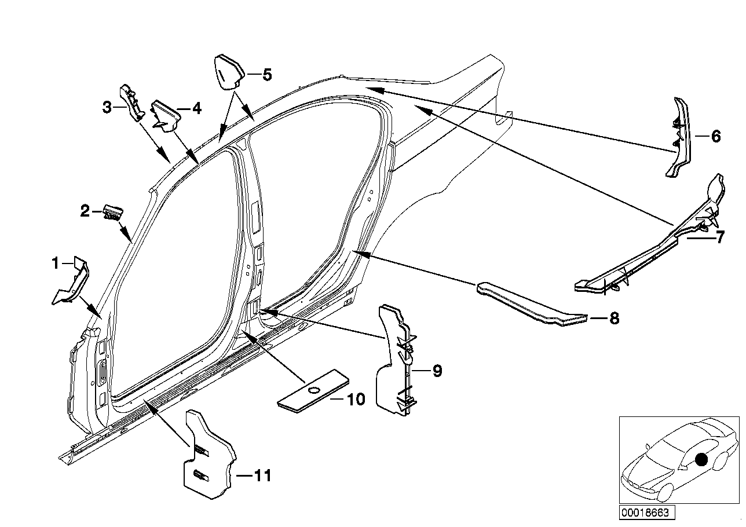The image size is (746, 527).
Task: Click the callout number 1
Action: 56,263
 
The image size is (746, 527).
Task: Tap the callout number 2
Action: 85,211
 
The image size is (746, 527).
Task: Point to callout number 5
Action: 266,74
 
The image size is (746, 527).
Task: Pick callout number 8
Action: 614,318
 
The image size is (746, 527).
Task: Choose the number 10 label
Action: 356,399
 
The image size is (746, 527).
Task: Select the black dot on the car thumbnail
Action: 701,460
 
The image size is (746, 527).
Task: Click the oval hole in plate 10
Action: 313,390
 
